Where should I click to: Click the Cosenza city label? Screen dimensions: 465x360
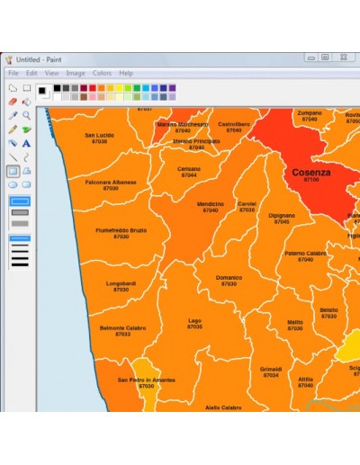tap(310, 173)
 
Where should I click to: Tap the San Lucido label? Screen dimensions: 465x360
tap(99, 138)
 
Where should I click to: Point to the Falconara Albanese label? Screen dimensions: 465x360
tap(111, 184)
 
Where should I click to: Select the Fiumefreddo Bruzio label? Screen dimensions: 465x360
tap(121, 232)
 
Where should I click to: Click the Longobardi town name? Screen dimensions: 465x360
tap(121, 285)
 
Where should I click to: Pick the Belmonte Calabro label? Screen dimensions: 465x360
tap(122, 330)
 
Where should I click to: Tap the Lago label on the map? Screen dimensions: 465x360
tap(194, 322)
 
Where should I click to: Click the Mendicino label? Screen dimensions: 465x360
tap(210, 206)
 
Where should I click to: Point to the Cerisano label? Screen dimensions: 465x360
tap(189, 171)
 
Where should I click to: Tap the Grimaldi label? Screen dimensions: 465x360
tap(271, 371)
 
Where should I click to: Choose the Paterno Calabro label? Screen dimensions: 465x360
tap(306, 255)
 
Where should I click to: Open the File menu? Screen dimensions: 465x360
tap(13, 73)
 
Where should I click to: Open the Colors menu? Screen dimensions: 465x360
tap(102, 73)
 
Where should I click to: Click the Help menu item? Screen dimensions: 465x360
tap(126, 73)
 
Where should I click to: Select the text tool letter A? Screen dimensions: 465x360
tap(27, 142)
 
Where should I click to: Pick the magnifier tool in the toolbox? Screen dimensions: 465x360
tap(27, 115)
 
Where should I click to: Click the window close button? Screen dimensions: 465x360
tap(343, 58)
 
